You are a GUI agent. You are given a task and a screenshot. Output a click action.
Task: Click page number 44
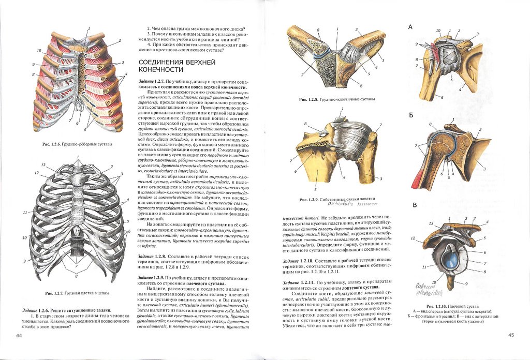click(x=19, y=336)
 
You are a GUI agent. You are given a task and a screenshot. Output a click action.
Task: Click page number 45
click(x=510, y=335)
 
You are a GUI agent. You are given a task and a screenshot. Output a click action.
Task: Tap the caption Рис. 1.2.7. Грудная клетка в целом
click(x=77, y=293)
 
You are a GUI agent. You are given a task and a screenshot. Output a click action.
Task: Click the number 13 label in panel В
click(x=431, y=223)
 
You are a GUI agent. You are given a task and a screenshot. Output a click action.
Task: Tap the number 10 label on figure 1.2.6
click(x=39, y=51)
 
